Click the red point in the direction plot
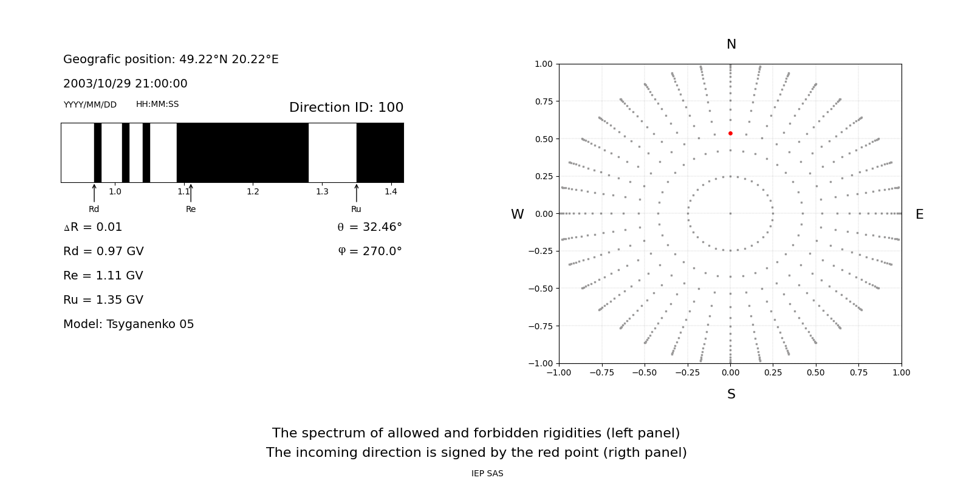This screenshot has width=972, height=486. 730,133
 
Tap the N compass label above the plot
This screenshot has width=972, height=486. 731,44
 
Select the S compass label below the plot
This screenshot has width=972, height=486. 731,394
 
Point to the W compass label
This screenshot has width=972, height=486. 517,214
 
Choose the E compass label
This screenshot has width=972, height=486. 919,214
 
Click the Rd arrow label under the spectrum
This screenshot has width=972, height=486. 94,209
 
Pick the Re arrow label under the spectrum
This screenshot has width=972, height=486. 191,209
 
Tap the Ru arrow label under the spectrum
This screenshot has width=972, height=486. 356,209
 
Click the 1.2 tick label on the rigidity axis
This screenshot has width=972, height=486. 253,191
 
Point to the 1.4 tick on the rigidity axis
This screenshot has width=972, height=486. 391,191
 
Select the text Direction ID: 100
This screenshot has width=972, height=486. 346,108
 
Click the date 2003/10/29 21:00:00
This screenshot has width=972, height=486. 125,84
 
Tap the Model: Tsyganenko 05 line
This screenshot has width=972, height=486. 129,324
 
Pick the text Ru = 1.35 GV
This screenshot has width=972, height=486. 103,300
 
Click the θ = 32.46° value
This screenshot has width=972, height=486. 369,227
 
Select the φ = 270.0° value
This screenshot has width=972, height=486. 370,252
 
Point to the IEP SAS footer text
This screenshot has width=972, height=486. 487,473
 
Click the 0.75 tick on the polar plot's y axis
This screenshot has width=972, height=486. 543,101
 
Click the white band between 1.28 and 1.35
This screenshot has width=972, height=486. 332,152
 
